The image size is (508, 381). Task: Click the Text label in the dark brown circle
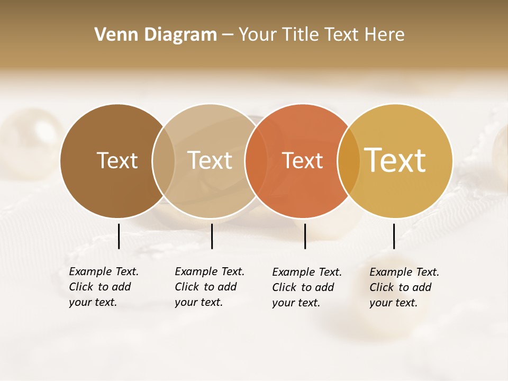(x=117, y=160)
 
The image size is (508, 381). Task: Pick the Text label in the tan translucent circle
(x=210, y=160)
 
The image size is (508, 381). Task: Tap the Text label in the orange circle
(x=302, y=161)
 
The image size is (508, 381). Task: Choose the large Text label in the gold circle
(x=395, y=160)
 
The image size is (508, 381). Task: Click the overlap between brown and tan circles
(x=164, y=161)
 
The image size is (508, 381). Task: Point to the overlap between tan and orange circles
(x=256, y=161)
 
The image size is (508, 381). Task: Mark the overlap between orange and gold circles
(x=349, y=161)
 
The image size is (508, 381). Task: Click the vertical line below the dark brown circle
(x=119, y=236)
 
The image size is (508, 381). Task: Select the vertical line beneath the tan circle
(x=212, y=236)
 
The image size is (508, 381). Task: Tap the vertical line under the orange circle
(x=305, y=236)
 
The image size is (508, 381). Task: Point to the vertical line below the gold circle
(x=394, y=236)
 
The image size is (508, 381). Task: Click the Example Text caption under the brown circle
(x=103, y=287)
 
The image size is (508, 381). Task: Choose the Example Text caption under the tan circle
(x=209, y=287)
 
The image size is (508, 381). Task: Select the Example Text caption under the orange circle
(x=306, y=287)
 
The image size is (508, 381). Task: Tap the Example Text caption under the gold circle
(x=404, y=287)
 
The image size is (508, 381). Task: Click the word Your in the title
(x=257, y=35)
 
